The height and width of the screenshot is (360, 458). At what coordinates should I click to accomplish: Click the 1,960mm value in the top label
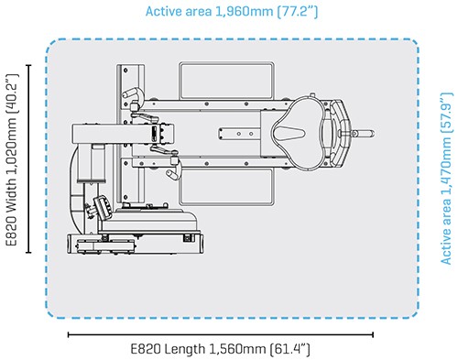tap(245, 12)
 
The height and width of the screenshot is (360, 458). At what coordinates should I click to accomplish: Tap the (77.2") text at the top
tap(298, 12)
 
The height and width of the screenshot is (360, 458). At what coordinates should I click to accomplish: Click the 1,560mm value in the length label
tap(237, 349)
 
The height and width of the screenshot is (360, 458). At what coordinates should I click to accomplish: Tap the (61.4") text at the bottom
tap(289, 349)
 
